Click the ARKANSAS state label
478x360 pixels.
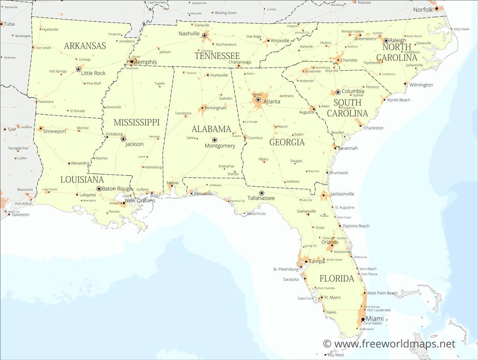pos(85,46)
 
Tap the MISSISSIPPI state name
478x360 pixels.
pos(137,122)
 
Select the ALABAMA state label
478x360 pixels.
pos(211,129)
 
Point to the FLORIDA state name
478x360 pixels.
pos(337,278)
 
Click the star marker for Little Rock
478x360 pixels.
pos(78,69)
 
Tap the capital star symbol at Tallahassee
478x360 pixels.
pos(262,193)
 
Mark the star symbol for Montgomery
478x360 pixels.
pos(214,140)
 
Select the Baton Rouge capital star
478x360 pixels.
pos(99,189)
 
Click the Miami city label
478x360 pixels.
pos(375,319)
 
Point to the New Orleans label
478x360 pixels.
pos(140,200)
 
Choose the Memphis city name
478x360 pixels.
pos(145,62)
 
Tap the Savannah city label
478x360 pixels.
pos(348,148)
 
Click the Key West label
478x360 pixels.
pos(336,355)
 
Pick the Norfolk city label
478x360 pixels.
pos(423,10)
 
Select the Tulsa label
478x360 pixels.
pos(10,24)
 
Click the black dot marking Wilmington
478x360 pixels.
pos(405,83)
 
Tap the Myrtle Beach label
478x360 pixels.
pos(398,100)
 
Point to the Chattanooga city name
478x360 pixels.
pos(240,62)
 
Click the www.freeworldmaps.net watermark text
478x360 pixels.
pos(389,344)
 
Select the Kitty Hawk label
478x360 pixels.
pos(462,29)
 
